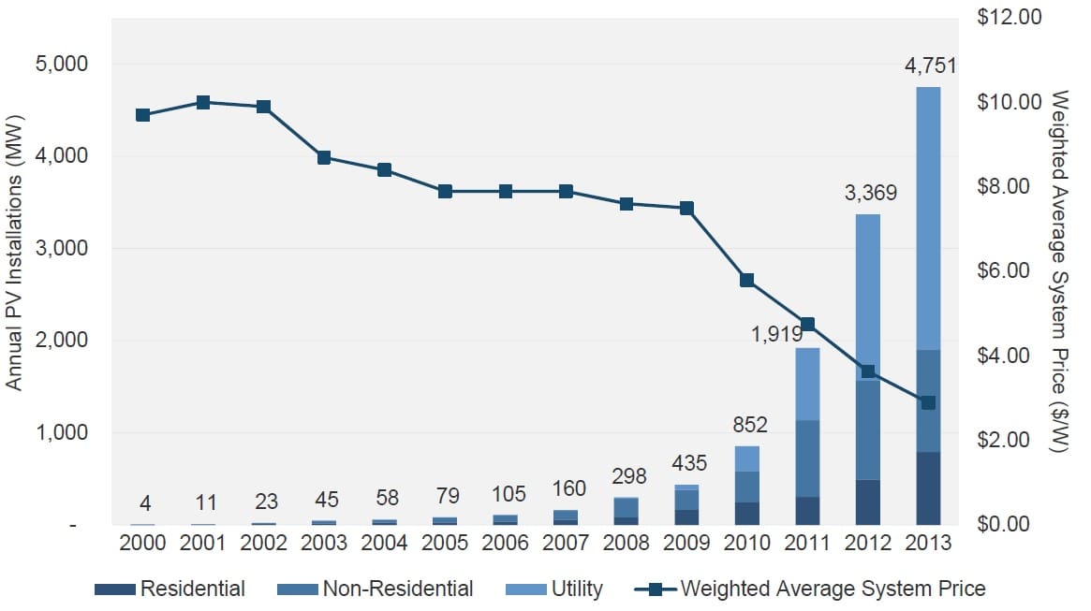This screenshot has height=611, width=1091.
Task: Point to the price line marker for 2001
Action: [203, 103]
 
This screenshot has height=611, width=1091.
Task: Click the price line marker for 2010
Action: [747, 280]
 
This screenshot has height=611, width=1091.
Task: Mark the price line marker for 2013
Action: [928, 402]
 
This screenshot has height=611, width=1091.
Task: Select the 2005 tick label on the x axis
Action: [445, 544]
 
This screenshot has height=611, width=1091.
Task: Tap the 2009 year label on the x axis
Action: [686, 544]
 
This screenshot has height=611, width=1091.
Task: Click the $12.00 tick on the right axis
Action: [1010, 18]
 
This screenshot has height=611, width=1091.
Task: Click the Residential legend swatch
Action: [115, 589]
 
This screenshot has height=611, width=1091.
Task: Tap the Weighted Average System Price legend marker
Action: [656, 589]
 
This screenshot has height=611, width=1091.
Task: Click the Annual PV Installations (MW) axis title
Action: [15, 254]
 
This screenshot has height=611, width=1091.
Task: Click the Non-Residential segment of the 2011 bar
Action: [807, 458]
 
